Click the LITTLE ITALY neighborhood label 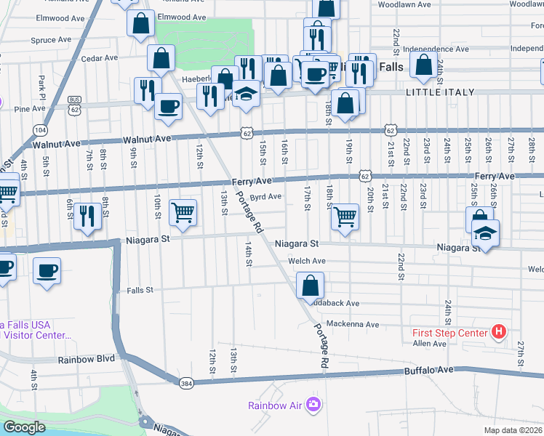click(440, 92)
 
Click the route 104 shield click(39, 129)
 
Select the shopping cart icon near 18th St click(345, 216)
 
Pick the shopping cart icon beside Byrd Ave click(183, 211)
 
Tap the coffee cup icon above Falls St click(47, 270)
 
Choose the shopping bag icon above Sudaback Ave click(311, 283)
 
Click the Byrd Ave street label click(265, 196)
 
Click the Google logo click(24, 427)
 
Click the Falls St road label click(140, 290)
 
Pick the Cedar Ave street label click(99, 58)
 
